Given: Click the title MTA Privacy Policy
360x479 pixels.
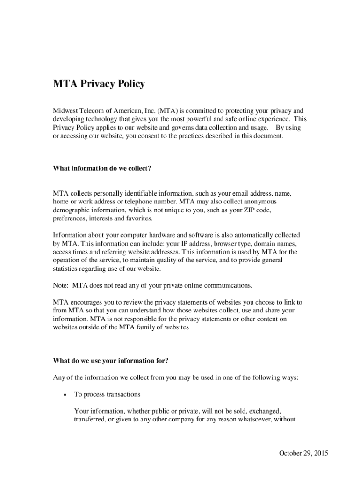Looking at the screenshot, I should click(99, 84).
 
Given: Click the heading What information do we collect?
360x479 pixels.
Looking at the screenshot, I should click(102, 168).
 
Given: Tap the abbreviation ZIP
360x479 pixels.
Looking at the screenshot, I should click(248, 210).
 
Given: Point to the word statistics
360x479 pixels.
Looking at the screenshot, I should click(66, 269).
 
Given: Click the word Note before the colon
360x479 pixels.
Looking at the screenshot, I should click(60, 285).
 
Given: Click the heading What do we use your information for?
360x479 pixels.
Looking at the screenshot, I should click(111, 360).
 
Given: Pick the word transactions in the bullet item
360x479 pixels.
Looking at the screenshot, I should click(123, 394).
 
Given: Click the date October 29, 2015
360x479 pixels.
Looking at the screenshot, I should click(303, 453).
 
